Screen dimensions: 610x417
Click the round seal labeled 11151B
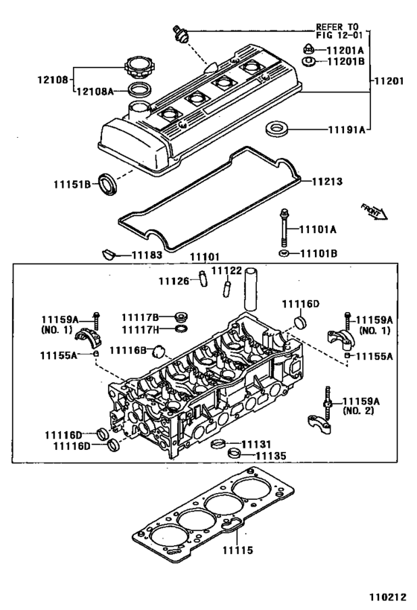(x=109, y=180)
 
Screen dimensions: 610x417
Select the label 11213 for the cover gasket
(x=330, y=180)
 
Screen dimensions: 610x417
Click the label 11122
(x=226, y=270)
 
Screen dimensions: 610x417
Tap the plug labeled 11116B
(x=158, y=352)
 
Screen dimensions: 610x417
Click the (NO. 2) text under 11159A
(x=360, y=410)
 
